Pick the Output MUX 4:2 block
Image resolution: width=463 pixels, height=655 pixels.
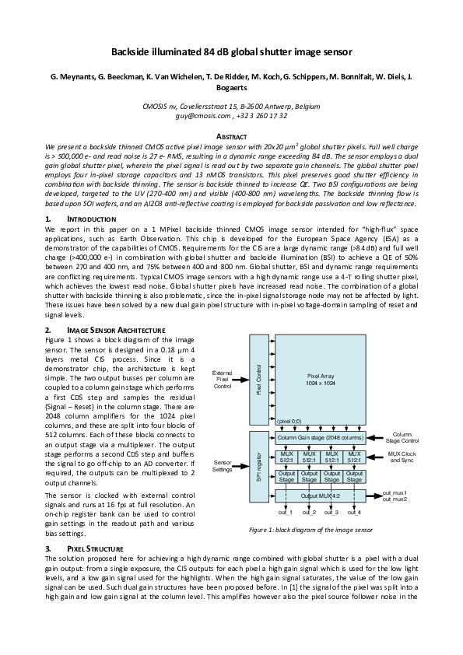pos(320,495)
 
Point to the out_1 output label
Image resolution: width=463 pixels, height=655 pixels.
pos(286,512)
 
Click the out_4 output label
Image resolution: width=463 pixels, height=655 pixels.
pos(355,512)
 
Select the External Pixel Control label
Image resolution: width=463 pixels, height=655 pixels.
pos(223,380)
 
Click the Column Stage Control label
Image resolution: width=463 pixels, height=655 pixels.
pos(402,438)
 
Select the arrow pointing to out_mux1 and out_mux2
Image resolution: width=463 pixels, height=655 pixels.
pos(375,495)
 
